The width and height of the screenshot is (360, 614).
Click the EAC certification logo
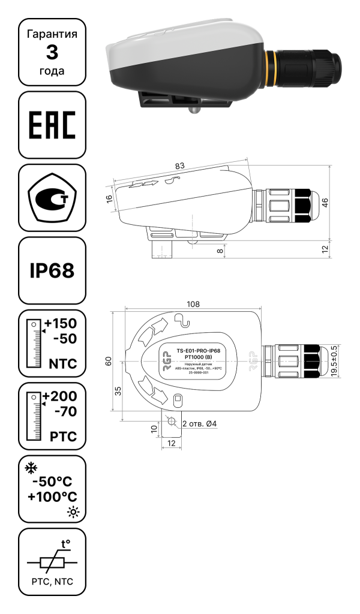[52, 125]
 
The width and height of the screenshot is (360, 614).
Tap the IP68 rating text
[52, 270]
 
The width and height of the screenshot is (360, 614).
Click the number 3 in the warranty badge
[52, 52]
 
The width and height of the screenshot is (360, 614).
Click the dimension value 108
[193, 304]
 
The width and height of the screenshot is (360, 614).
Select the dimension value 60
[109, 361]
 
